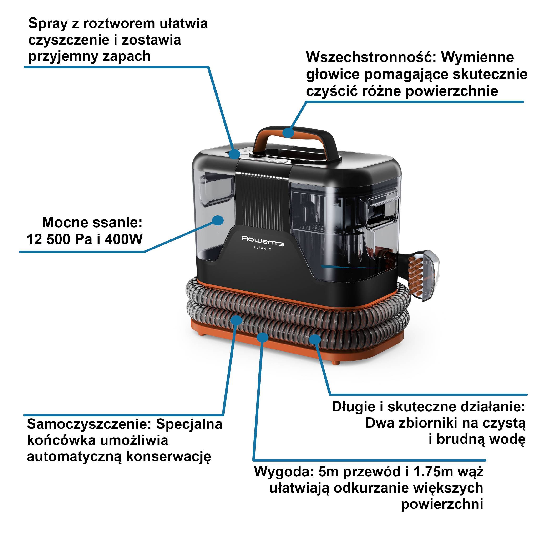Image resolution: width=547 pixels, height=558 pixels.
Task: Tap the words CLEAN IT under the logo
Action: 263,248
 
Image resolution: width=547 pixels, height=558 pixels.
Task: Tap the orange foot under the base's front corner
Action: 335,362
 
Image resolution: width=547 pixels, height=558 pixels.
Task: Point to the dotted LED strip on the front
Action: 261,175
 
